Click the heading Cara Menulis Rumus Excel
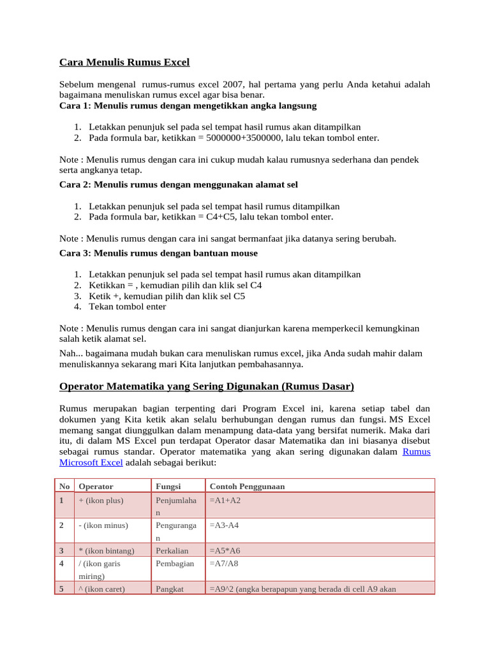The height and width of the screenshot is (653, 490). [x=124, y=62]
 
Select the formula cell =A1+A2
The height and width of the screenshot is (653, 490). [x=225, y=501]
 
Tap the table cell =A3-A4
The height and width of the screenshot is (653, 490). [x=225, y=525]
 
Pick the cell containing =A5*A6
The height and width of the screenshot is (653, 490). [x=225, y=550]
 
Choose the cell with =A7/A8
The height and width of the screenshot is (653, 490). [x=225, y=563]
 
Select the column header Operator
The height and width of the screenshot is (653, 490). [x=96, y=486]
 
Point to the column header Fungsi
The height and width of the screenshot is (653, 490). [x=168, y=486]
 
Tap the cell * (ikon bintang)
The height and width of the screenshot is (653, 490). [x=106, y=550]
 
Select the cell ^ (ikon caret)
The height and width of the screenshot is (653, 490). [x=103, y=589]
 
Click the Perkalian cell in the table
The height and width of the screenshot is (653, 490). [x=171, y=550]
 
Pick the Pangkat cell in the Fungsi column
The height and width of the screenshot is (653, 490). [x=170, y=589]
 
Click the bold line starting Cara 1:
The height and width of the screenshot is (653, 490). [x=188, y=105]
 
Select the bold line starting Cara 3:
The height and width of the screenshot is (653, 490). [x=158, y=253]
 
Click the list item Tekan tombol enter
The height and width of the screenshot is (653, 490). [x=128, y=307]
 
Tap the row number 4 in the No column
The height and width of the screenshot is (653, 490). [x=61, y=563]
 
